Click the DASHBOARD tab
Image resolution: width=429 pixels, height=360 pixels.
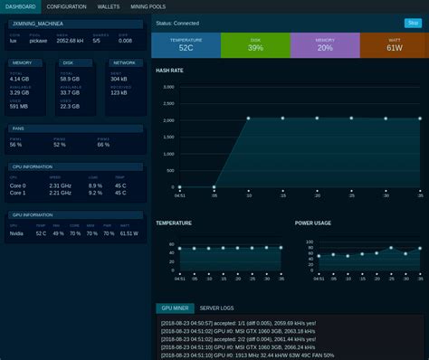(x=19, y=6)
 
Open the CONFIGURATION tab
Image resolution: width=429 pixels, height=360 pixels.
(x=66, y=6)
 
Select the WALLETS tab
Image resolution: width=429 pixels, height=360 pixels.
(x=109, y=6)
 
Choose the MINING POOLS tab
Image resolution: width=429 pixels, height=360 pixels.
(x=148, y=6)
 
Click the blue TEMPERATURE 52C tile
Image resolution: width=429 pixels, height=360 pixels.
(x=186, y=45)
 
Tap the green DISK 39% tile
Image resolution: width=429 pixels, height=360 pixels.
(x=255, y=45)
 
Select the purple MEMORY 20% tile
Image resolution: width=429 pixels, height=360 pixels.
(x=325, y=45)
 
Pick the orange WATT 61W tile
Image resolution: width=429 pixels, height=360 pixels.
(x=394, y=45)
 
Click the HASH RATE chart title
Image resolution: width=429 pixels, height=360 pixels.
(x=169, y=71)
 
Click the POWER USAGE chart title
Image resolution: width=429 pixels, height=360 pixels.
(x=313, y=222)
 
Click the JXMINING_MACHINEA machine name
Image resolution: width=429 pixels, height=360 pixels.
(x=44, y=23)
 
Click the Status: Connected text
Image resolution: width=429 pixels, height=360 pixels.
(x=177, y=23)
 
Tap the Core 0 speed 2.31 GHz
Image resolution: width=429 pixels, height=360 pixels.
(x=59, y=185)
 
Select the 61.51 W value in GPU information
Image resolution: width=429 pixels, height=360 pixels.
(x=129, y=233)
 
